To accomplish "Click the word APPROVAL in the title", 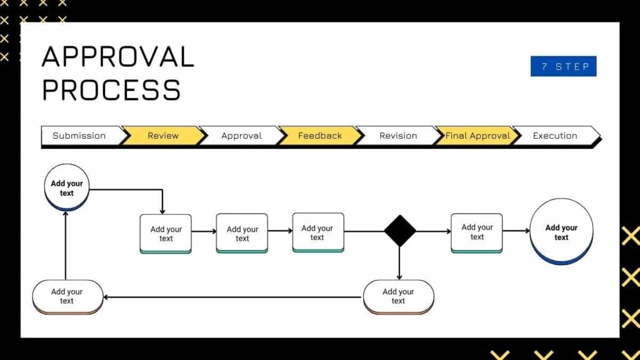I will (118, 57).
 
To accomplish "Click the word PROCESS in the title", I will (111, 90).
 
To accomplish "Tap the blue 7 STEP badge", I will (563, 66).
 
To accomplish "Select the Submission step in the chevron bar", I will (79, 136).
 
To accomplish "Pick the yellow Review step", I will (163, 136).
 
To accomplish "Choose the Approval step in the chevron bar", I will (241, 136).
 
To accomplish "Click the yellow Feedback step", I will (320, 136).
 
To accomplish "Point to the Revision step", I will (398, 136).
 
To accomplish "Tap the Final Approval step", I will (477, 136).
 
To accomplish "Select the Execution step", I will (555, 136).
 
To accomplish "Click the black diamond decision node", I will (399, 231).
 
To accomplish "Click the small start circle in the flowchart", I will (67, 187).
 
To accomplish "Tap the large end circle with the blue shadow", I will (561, 231).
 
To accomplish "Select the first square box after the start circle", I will (166, 233).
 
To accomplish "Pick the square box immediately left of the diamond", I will (317, 232).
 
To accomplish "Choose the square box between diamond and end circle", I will (477, 232).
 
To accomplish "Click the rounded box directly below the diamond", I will (398, 296).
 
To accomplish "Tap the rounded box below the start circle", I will (67, 296).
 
